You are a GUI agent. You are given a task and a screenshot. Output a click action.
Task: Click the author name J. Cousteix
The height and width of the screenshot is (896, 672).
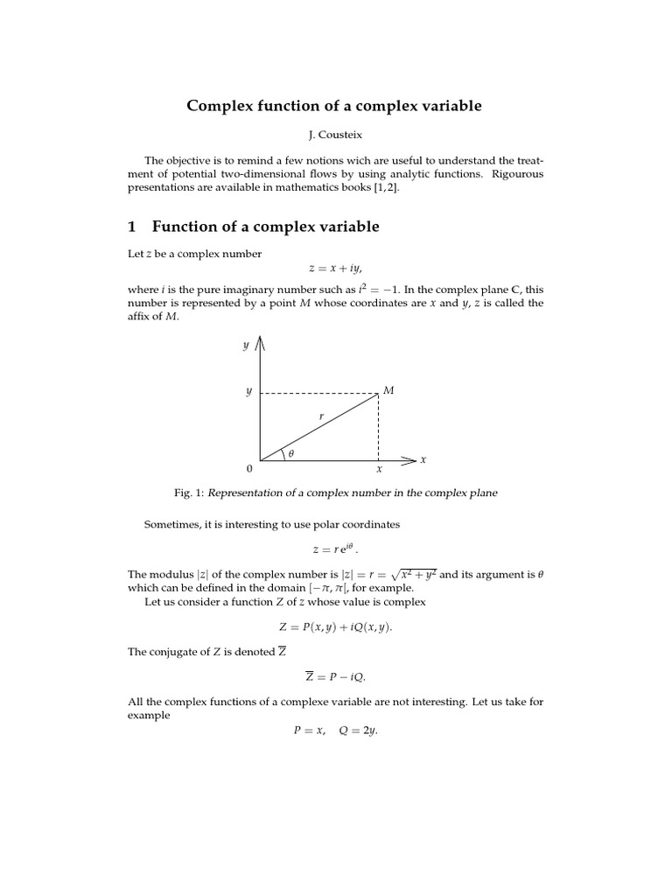tap(334, 136)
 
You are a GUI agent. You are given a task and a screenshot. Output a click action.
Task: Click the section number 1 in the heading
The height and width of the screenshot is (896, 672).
tap(132, 227)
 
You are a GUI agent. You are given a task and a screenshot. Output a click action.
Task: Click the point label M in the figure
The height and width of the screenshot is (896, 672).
tap(388, 390)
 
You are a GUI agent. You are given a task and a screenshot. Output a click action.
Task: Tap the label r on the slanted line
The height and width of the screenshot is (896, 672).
tap(321, 417)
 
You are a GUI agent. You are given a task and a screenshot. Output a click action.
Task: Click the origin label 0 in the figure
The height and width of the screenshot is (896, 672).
tap(249, 470)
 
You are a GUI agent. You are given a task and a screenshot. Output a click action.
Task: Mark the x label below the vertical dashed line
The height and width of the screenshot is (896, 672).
tap(379, 470)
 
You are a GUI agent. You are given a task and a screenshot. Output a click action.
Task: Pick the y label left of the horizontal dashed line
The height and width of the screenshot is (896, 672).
tap(248, 392)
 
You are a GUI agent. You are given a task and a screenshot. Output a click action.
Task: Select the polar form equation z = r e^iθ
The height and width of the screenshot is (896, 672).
tap(335, 549)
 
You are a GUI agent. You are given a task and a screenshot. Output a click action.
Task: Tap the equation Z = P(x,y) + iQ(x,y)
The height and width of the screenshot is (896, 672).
tap(335, 626)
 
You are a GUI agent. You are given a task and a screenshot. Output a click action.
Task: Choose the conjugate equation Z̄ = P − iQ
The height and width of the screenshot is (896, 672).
tap(335, 676)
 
